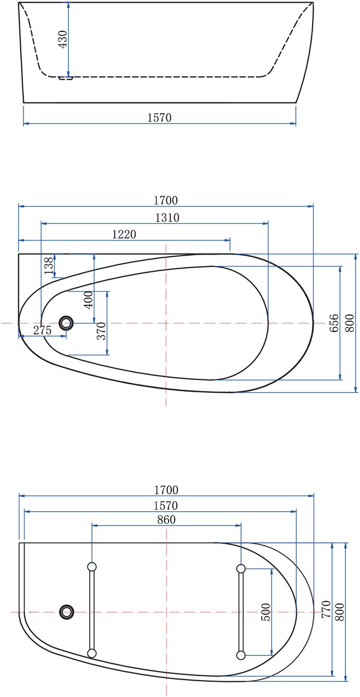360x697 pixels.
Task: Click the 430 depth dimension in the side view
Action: [x=63, y=39]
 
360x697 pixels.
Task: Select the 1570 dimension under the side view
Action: [x=159, y=118]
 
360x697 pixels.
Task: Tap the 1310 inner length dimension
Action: [x=166, y=218]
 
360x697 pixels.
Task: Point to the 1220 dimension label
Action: [x=124, y=234]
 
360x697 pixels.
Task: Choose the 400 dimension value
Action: [x=88, y=300]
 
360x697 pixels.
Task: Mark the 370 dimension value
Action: [x=102, y=331]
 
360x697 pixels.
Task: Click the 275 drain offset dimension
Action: [x=42, y=330]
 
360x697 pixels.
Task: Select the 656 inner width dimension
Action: [x=334, y=323]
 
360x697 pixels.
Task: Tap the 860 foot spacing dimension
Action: [x=166, y=519]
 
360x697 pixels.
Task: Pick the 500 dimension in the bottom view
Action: [x=266, y=612]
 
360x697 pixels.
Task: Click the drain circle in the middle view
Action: [x=66, y=323]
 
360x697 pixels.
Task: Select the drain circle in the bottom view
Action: [x=67, y=611]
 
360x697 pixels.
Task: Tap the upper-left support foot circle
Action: [x=92, y=567]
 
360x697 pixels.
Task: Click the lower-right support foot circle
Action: [x=241, y=655]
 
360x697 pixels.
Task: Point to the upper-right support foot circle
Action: [x=241, y=568]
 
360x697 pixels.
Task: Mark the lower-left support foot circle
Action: [x=92, y=653]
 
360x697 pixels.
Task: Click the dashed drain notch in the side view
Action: [x=65, y=78]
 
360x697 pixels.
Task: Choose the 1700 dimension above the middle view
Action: [x=165, y=200]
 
